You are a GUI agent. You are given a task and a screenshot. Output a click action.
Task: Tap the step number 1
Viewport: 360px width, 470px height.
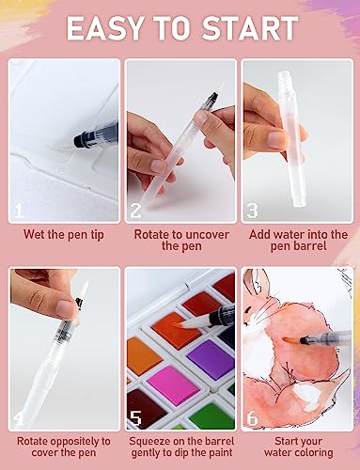[x=19, y=211]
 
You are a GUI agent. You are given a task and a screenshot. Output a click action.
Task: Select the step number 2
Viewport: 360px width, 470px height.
[x=137, y=211]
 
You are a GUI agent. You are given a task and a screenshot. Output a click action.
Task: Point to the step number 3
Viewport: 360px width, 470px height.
[x=253, y=211]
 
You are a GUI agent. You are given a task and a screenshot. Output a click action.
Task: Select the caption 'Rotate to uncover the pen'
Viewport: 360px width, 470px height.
[x=180, y=240]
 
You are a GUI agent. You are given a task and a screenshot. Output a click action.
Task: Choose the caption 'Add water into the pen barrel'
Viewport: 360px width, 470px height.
[x=296, y=240]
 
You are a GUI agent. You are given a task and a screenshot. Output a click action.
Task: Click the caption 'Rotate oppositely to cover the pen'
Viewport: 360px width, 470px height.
[x=63, y=446]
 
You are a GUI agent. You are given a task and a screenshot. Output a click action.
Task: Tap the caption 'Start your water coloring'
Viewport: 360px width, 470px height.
[x=296, y=446]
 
